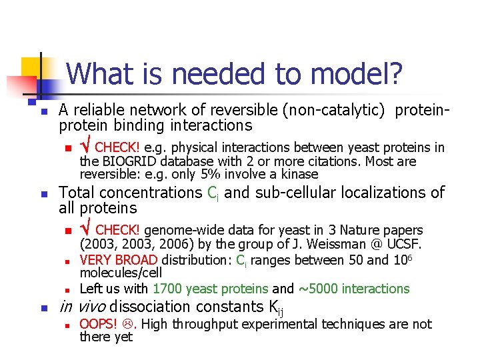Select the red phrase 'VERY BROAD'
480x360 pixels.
coord(118,261)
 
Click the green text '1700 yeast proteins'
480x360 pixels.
coord(211,289)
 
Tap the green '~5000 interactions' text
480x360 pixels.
coord(353,289)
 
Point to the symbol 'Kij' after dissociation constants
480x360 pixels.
coord(275,308)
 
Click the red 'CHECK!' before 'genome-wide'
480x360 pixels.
coord(118,230)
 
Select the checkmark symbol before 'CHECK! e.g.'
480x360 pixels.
coord(85,147)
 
